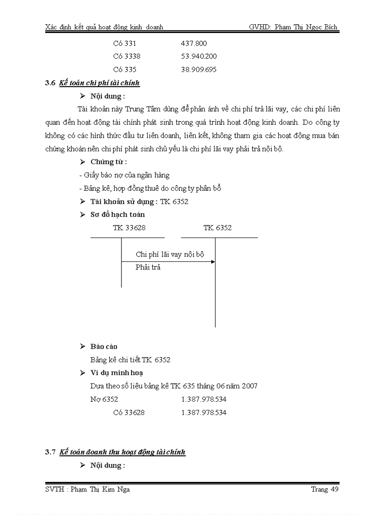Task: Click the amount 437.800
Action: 194,44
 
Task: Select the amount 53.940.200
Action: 199,56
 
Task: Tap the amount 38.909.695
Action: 199,70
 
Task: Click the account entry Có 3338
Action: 126,56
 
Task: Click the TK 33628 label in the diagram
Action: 129,227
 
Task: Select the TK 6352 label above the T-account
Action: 217,227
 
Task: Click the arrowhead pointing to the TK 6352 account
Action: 213,261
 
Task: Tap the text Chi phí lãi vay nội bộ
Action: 170,254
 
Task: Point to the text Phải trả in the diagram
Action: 148,267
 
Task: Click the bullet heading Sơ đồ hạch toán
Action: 117,215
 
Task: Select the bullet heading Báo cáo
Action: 104,347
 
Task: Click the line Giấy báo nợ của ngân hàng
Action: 124,175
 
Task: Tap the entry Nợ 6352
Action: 104,399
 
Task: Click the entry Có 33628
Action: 129,412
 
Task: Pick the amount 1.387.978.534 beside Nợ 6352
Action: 203,399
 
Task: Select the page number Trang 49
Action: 324,489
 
